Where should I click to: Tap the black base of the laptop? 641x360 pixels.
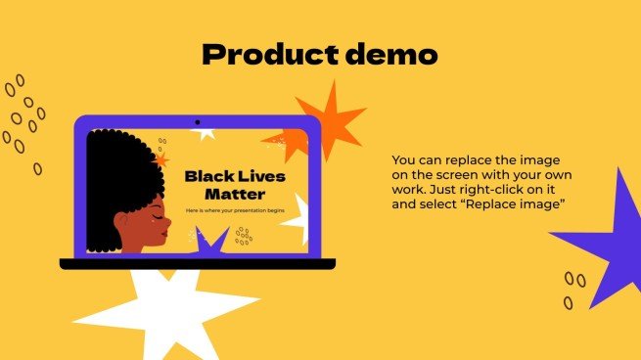click(x=196, y=263)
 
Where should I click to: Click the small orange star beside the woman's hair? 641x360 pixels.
click(x=161, y=158)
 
